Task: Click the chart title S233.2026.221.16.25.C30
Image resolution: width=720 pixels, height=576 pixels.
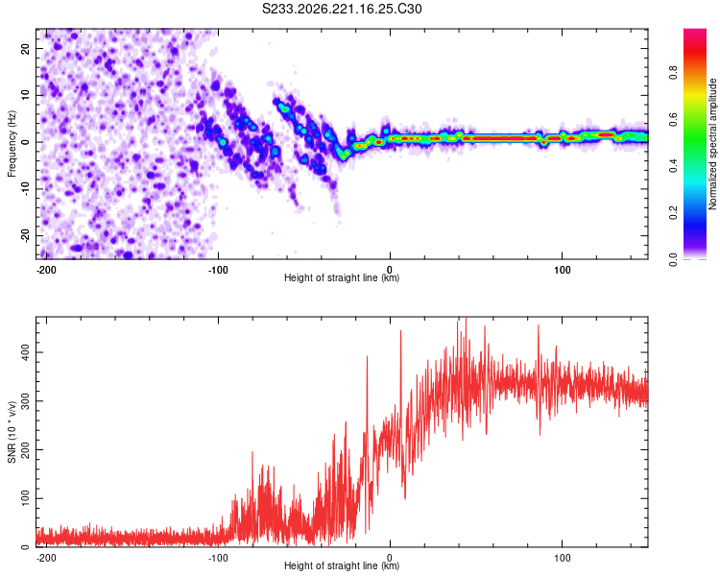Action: pyautogui.click(x=342, y=9)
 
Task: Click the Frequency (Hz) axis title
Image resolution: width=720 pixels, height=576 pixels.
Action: pyautogui.click(x=12, y=144)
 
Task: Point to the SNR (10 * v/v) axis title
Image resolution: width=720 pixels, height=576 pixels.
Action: pyautogui.click(x=12, y=432)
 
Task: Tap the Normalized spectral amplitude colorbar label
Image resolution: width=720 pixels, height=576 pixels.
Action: pyautogui.click(x=712, y=144)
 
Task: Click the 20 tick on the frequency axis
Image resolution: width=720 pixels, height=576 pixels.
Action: pyautogui.click(x=25, y=48)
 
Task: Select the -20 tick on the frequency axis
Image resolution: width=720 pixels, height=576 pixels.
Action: pyautogui.click(x=25, y=235)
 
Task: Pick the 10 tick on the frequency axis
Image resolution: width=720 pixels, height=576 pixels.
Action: pyautogui.click(x=25, y=95)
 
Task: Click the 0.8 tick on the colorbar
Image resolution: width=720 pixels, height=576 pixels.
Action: pyautogui.click(x=673, y=72)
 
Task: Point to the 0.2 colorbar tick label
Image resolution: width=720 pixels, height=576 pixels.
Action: pyautogui.click(x=673, y=212)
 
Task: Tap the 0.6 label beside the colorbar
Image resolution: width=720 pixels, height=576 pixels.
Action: pyautogui.click(x=673, y=119)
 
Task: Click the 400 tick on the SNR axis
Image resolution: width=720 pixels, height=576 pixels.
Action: pyautogui.click(x=25, y=352)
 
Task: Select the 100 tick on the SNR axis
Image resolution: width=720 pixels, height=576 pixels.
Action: pyautogui.click(x=25, y=498)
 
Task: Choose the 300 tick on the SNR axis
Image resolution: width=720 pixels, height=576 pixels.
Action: pyautogui.click(x=25, y=401)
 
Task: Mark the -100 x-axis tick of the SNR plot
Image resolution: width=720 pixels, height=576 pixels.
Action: pyautogui.click(x=218, y=558)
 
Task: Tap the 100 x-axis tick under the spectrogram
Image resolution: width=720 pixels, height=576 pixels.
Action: pyautogui.click(x=562, y=270)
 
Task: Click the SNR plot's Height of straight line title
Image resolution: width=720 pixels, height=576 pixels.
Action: pyautogui.click(x=342, y=565)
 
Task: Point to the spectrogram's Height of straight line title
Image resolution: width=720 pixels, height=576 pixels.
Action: pyautogui.click(x=342, y=277)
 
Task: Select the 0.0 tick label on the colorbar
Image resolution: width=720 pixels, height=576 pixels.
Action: pyautogui.click(x=673, y=259)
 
